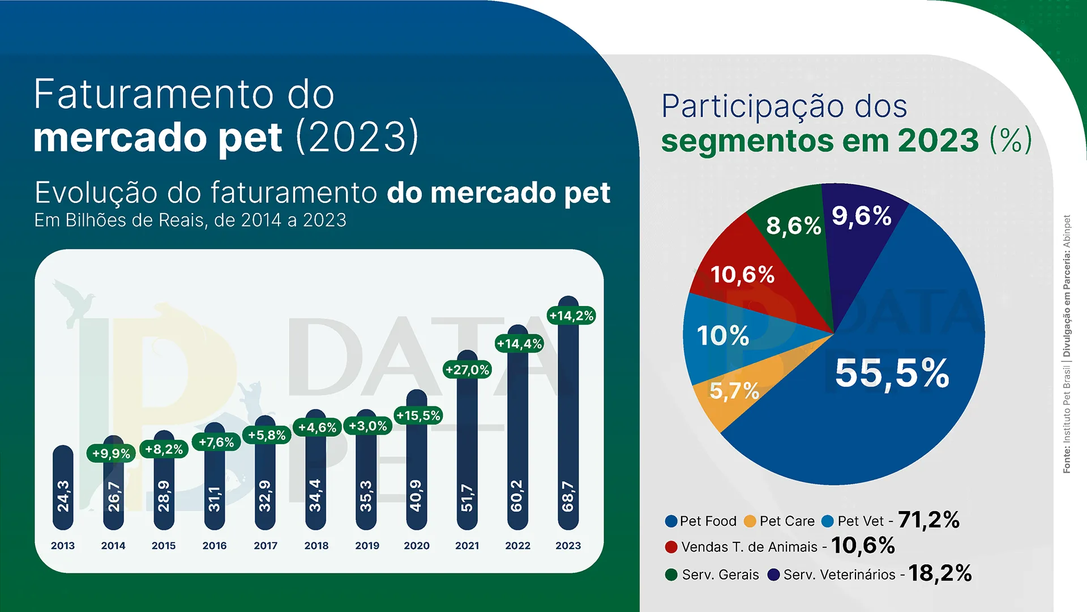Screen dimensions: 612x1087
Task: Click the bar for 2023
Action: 568,419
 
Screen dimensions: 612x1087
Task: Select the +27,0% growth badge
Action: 467,370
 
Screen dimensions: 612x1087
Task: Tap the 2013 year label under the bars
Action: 63,546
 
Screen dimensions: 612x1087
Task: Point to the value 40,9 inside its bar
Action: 416,495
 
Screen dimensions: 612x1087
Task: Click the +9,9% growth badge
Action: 111,453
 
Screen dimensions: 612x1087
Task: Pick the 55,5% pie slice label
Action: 892,373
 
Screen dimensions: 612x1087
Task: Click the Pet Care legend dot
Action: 750,521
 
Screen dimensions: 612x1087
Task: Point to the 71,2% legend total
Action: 928,520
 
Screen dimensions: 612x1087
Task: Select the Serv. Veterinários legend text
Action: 839,575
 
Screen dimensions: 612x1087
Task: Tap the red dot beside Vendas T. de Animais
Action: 671,547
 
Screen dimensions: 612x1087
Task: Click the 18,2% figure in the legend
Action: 940,573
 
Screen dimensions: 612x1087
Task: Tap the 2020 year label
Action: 417,546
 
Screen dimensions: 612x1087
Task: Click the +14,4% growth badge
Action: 519,343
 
